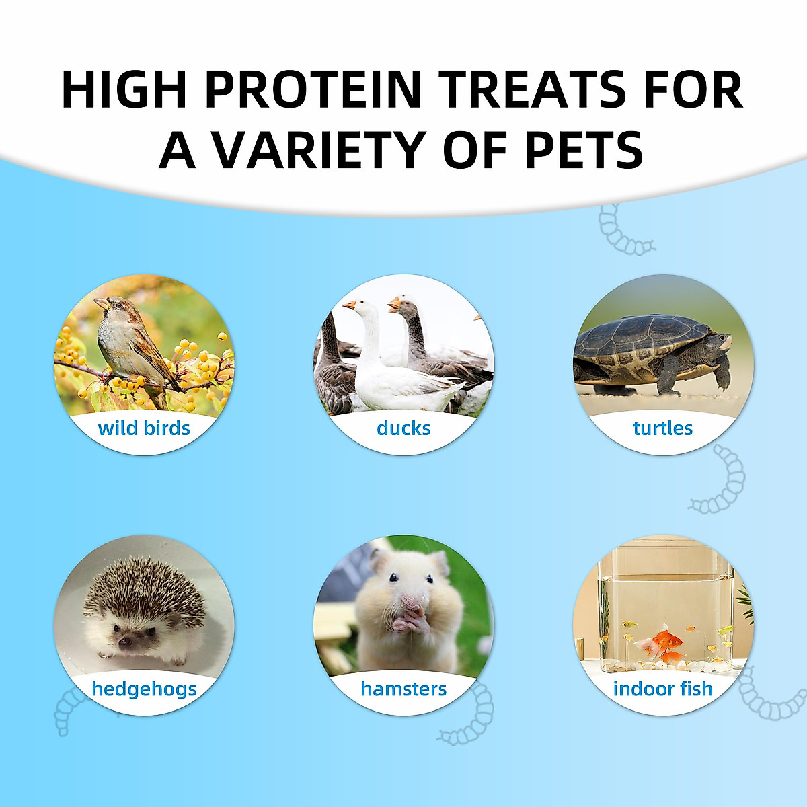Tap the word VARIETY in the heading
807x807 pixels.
317,149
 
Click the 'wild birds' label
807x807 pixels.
144,428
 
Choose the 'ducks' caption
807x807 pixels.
403,428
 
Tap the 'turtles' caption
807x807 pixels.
663,428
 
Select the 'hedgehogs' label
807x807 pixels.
144,689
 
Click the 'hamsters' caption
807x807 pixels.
403,689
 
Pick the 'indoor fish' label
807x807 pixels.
663,689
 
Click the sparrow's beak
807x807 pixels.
101,303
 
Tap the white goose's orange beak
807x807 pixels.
349,305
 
